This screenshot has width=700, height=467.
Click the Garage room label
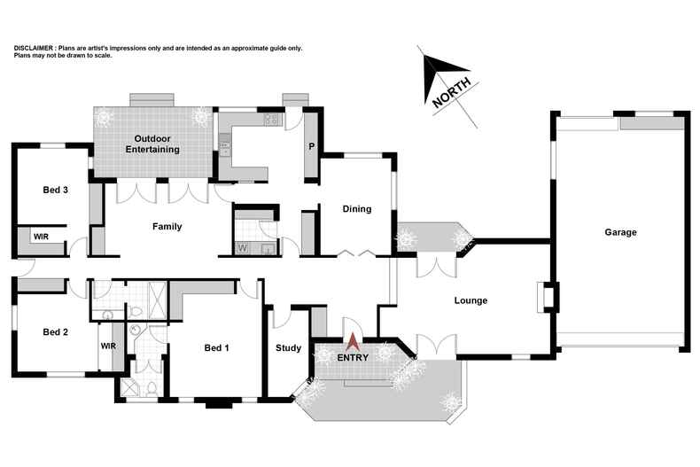click(620, 232)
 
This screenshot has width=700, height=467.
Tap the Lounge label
click(471, 300)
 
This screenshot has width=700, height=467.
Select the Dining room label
click(356, 209)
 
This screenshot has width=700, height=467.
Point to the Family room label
click(167, 227)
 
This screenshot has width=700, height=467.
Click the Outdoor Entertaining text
click(157, 144)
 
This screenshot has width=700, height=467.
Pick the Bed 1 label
click(215, 347)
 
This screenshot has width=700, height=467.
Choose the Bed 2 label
click(56, 332)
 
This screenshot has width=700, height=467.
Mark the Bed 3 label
click(56, 190)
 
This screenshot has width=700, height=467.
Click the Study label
click(289, 347)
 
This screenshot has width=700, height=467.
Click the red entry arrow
click(353, 340)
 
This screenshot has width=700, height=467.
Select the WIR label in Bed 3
click(41, 237)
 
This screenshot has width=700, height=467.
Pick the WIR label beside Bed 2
click(109, 346)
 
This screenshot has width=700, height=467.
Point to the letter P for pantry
click(311, 147)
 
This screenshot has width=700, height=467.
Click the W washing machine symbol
click(242, 247)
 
